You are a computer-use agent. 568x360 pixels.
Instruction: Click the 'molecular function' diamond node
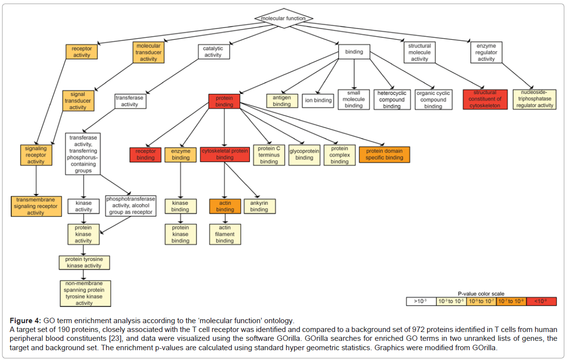(x=283, y=18)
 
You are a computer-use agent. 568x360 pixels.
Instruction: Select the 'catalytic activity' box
(x=213, y=52)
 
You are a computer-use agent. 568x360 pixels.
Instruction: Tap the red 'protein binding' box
(x=224, y=101)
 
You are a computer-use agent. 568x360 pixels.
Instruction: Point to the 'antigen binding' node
(x=282, y=101)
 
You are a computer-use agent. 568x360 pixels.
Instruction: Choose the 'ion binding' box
(x=319, y=101)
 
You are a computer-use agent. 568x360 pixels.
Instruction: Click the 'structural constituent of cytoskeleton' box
(x=485, y=99)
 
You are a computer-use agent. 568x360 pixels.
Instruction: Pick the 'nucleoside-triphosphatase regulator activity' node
(x=535, y=99)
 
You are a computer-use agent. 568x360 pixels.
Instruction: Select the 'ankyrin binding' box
(x=259, y=206)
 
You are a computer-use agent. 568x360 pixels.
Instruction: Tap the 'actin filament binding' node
(x=225, y=234)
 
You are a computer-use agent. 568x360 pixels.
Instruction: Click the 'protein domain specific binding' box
(x=384, y=155)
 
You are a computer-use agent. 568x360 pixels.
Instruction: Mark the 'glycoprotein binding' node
(x=304, y=155)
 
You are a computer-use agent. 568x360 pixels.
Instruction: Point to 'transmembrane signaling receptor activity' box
(x=36, y=206)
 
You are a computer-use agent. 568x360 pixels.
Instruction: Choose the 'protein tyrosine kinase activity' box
(x=83, y=262)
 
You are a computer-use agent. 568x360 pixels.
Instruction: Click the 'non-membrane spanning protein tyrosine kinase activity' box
(x=84, y=293)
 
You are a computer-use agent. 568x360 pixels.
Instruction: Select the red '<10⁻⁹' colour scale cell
(x=541, y=301)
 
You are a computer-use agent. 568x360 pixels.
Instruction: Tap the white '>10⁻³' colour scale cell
(x=421, y=301)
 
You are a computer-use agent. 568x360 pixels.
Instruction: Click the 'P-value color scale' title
(x=481, y=294)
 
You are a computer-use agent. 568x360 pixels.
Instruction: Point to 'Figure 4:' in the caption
(x=25, y=321)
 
